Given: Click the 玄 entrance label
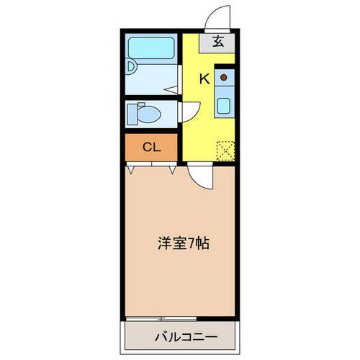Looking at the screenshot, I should coord(218,41).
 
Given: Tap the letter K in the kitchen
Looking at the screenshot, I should coord(204,79).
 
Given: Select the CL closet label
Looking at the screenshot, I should coord(151,148).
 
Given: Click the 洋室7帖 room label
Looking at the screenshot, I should coord(183,243).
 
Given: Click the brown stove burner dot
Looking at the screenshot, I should coord(224,76).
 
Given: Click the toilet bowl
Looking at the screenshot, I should coord(149,114).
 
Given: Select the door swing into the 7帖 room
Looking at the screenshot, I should coord(202,176).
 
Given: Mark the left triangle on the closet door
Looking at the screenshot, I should coord(130,170).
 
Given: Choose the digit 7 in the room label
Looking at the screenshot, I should coord(194,243).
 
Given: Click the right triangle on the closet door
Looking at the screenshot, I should coord(173,170).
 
